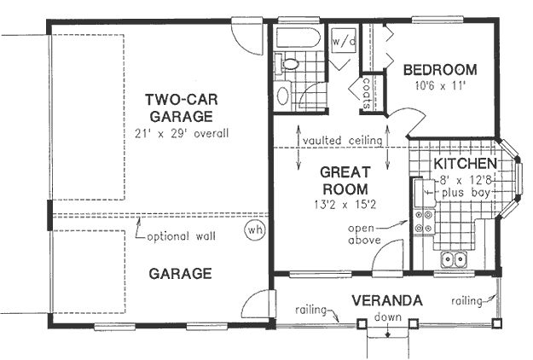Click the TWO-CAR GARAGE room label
(178, 107)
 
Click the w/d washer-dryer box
(343, 40)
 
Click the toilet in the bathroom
(288, 63)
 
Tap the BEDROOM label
(440, 70)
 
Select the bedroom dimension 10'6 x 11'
(440, 85)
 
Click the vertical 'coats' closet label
(366, 95)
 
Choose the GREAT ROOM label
(344, 180)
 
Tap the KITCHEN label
(465, 163)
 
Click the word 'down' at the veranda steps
(388, 317)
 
